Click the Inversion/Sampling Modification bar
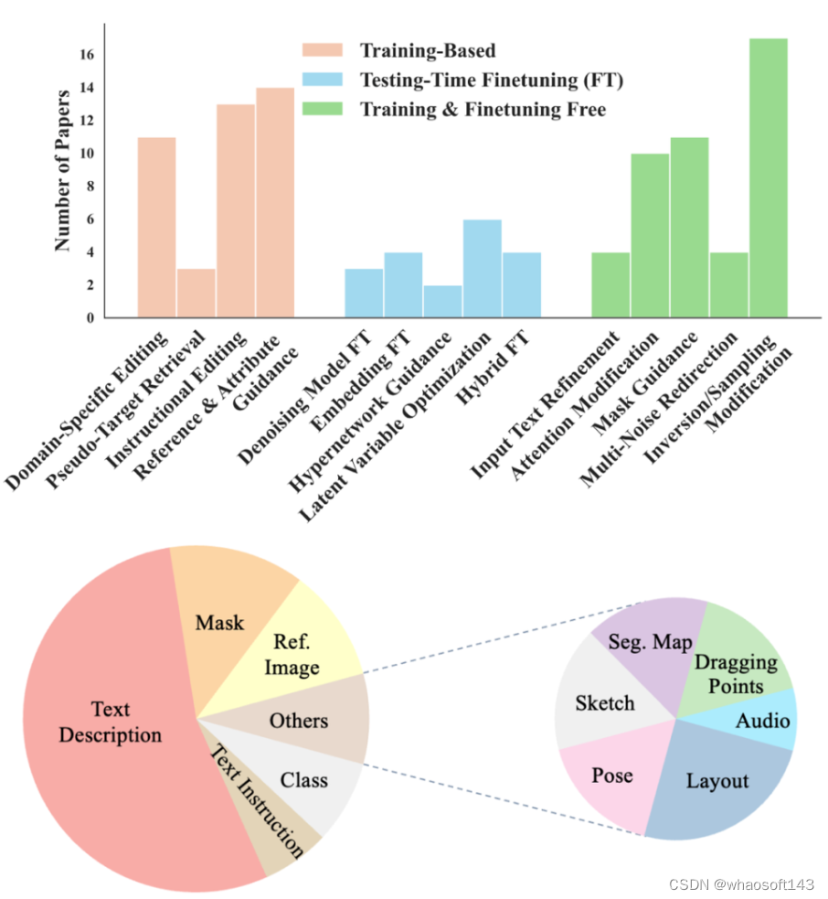pos(768,178)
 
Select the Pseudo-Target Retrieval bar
pos(196,293)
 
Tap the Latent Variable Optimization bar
pos(482,269)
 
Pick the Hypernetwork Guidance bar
pos(442,302)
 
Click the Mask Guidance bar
pos(689,228)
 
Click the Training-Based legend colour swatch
pos(323,49)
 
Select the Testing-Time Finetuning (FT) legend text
pos(492,80)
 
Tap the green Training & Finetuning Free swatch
pos(323,110)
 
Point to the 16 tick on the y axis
pos(87,55)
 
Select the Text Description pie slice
pos(110,722)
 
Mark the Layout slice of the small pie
pos(717,780)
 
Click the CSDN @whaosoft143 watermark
pos(740,884)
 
